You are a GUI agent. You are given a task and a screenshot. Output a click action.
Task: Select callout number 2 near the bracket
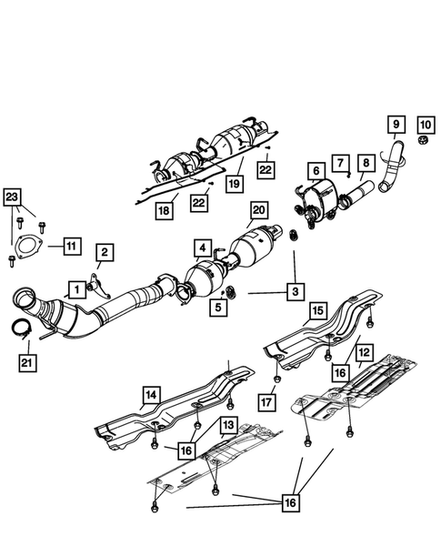[x=105, y=251]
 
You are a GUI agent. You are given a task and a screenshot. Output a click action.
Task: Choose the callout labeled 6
[x=315, y=170]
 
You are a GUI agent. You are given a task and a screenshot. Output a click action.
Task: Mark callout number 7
[x=338, y=163]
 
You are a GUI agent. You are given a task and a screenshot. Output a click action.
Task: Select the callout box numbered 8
[x=365, y=164]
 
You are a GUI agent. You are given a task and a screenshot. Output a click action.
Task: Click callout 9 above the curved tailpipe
[x=395, y=123]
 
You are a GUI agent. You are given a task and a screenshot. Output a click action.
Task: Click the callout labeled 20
[x=257, y=209]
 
